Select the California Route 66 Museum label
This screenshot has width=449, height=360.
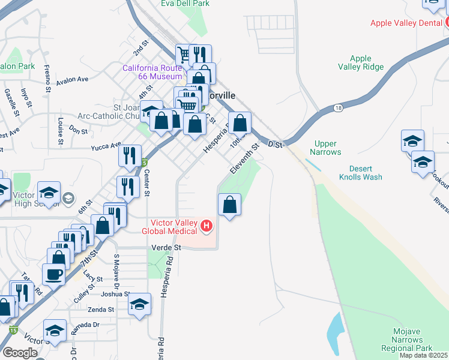(152, 72)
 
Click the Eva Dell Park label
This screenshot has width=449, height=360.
(185, 4)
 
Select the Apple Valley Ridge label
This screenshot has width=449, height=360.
(361, 62)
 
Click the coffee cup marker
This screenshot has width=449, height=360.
(53, 274)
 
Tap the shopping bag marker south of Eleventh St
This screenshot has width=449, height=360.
(229, 205)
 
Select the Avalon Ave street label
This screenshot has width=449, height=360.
(72, 80)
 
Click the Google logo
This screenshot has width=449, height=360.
(19, 353)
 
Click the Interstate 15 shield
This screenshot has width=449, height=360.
(13, 330)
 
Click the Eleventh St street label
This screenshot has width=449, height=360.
(243, 158)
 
